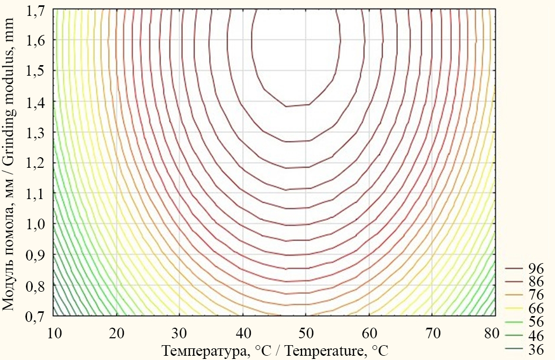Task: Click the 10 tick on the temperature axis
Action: coord(53,333)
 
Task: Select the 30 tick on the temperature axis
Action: coord(180,333)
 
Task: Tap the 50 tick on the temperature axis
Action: coord(306,333)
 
